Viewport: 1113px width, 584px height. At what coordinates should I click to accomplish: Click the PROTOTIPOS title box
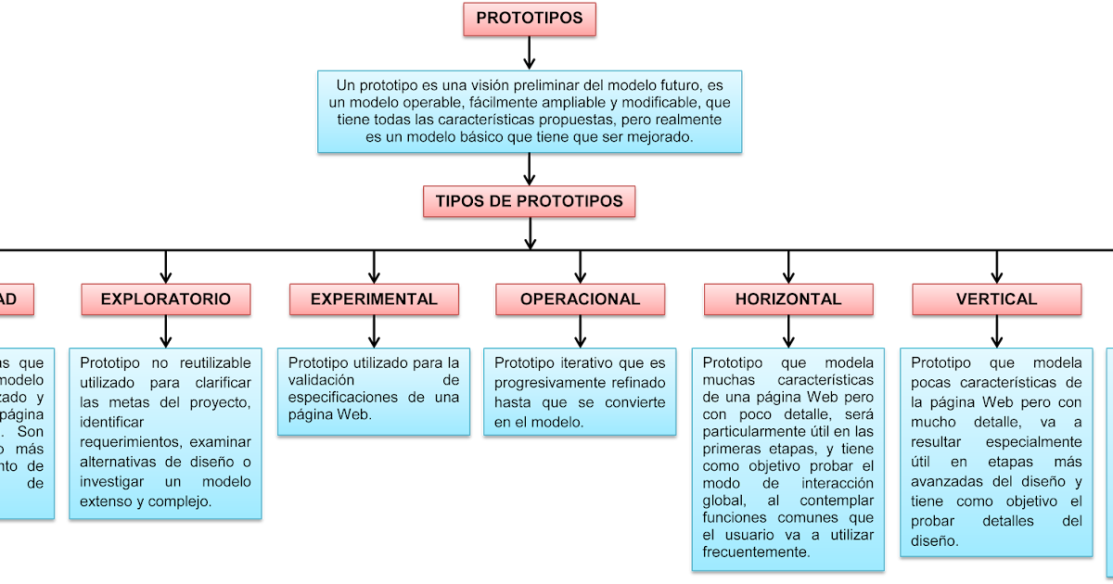coord(530,19)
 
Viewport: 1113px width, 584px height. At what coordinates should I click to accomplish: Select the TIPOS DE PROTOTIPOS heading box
coord(530,201)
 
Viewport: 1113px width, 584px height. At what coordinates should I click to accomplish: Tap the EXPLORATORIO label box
coord(166,299)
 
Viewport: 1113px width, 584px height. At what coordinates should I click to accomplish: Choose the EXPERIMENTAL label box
coord(374,299)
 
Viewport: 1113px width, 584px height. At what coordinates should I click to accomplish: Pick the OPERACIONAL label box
coord(580,299)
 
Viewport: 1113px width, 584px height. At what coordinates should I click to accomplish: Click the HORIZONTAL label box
coord(788,299)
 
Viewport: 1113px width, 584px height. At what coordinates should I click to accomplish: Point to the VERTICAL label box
coord(996,299)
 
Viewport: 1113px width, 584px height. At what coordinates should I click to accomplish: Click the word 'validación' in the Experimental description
coord(322,380)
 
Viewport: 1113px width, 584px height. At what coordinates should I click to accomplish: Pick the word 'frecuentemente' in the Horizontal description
coord(756,552)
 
